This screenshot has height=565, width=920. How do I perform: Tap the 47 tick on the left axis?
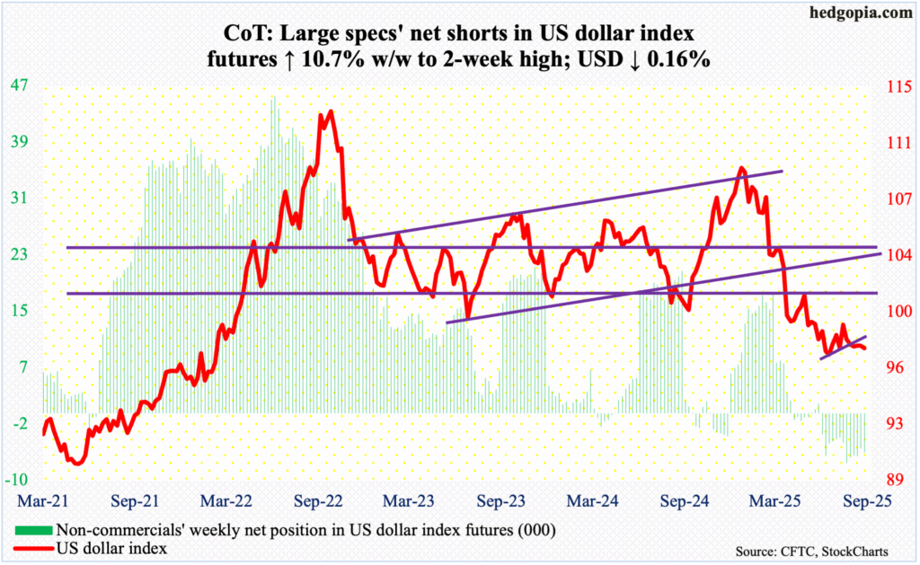(19, 86)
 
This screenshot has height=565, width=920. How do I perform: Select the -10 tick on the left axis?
(19, 479)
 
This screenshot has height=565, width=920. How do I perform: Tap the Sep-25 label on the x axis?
(867, 496)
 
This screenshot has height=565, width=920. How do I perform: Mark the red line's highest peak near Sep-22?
(332, 111)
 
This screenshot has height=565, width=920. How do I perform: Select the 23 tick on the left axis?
(19, 255)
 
